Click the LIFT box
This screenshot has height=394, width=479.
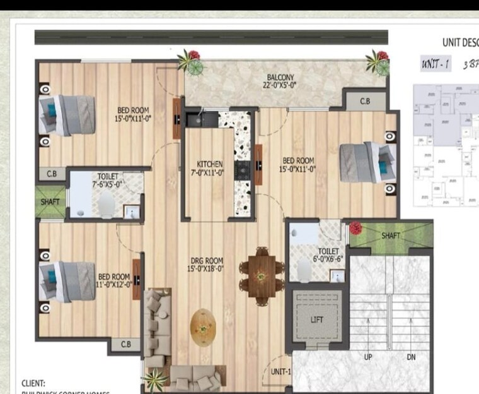pyautogui.click(x=317, y=319)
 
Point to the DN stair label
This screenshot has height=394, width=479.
pyautogui.click(x=411, y=358)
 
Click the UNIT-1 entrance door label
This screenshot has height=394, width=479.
pyautogui.click(x=280, y=372)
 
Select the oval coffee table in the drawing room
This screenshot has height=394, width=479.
pyautogui.click(x=203, y=326)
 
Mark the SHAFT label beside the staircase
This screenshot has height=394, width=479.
pyautogui.click(x=391, y=236)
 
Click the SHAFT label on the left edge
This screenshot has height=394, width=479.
pyautogui.click(x=50, y=202)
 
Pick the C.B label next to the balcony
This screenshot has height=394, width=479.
pyautogui.click(x=365, y=101)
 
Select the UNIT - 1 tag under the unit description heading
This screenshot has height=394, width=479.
pyautogui.click(x=436, y=64)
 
